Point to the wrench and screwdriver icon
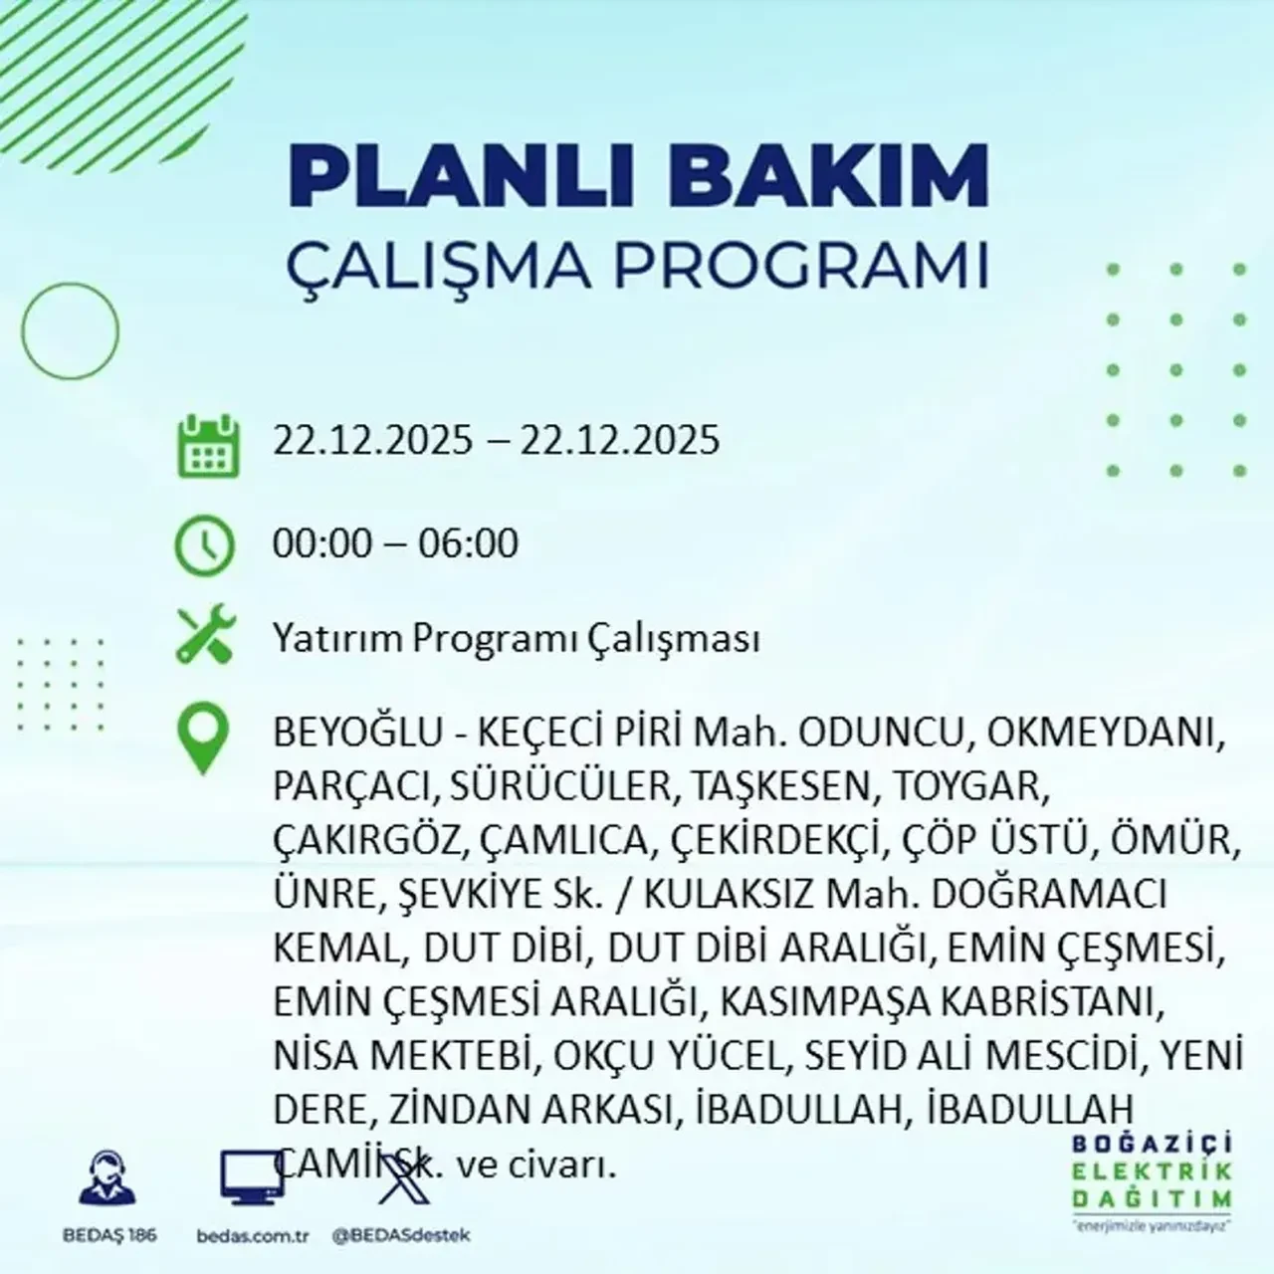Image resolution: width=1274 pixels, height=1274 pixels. click(x=205, y=637)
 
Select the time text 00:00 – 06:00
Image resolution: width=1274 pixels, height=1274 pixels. click(x=395, y=543)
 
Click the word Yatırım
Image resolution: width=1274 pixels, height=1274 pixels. click(x=335, y=639)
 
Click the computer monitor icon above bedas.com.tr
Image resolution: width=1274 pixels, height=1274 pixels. click(x=252, y=1179)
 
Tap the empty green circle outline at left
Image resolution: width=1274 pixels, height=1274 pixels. click(x=70, y=329)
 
